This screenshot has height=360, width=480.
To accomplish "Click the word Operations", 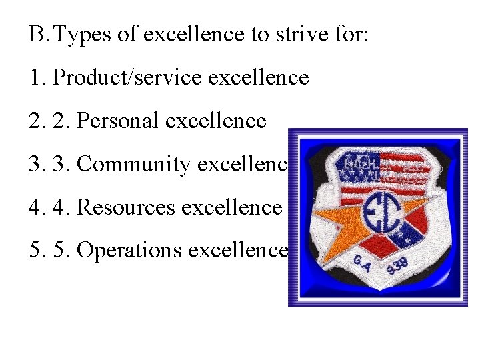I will (x=129, y=250).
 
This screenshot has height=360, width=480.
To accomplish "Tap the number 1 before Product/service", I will (x=35, y=78).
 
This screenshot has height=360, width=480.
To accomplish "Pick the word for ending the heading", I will (x=349, y=35).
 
